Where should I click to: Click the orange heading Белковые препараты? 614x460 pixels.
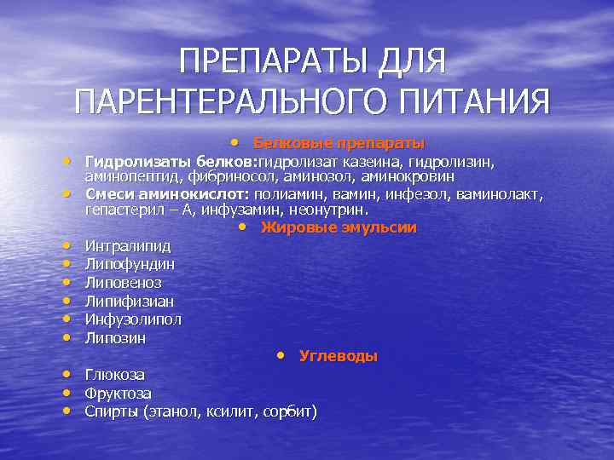(339, 142)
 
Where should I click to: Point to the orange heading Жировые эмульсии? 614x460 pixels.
(339, 227)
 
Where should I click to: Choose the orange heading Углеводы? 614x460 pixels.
(338, 356)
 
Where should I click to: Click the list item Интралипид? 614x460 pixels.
(127, 246)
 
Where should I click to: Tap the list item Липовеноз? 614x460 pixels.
(123, 282)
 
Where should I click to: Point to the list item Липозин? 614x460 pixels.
(115, 338)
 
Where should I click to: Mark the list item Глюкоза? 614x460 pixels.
(114, 375)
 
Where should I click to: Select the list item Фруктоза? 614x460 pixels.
(118, 394)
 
